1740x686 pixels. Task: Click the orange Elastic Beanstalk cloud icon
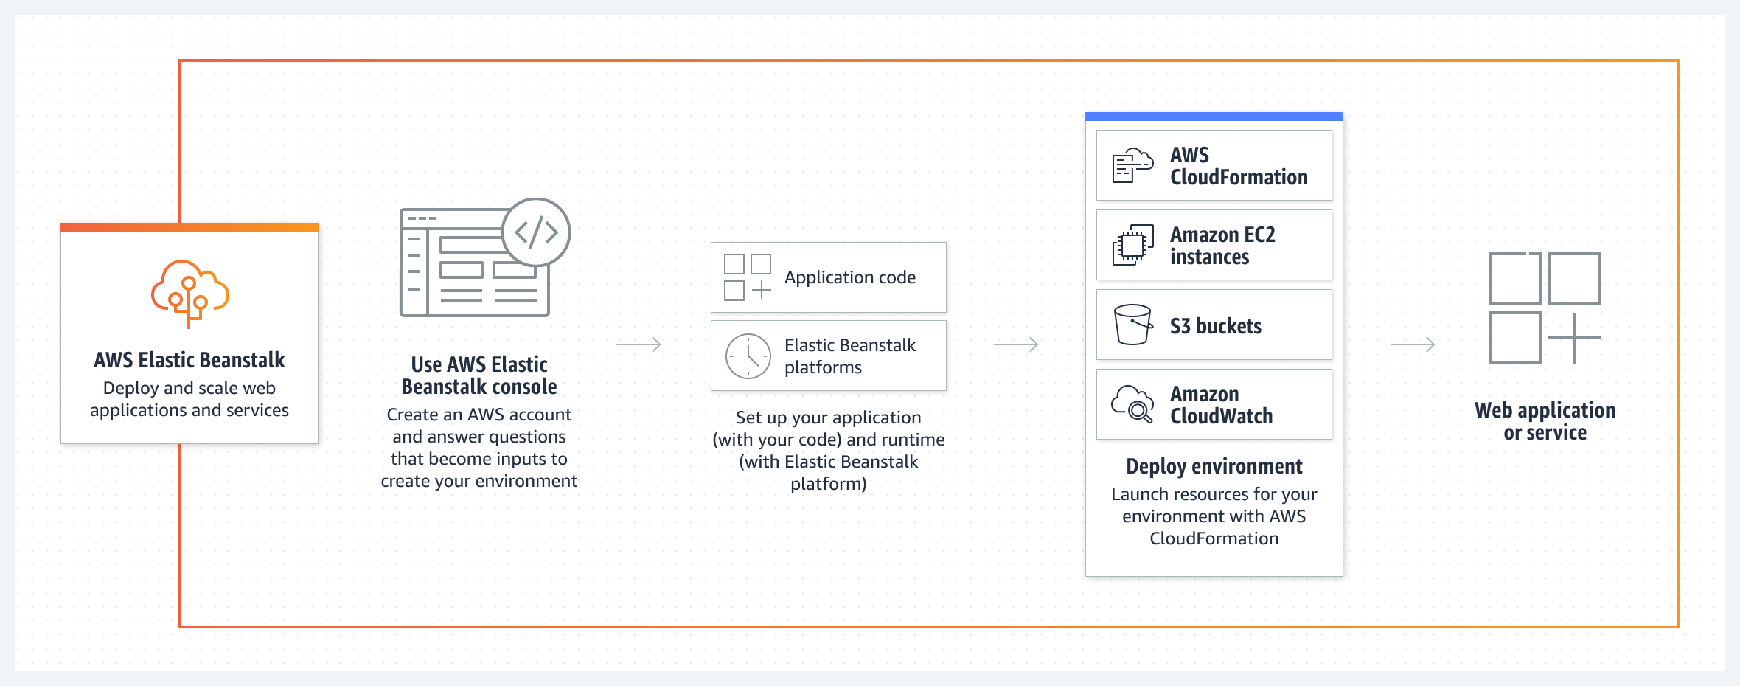click(190, 293)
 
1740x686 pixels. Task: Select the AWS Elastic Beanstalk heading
click(189, 360)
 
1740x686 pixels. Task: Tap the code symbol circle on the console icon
click(536, 232)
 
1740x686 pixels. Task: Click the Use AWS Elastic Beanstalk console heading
click(479, 375)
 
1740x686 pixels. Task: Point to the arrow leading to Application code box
click(638, 344)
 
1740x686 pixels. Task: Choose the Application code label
click(849, 277)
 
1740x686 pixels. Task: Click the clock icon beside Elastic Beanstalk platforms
click(748, 356)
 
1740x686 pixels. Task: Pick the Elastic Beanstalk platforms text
click(849, 356)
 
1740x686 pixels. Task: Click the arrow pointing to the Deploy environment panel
click(1016, 344)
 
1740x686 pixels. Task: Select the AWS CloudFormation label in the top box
click(1239, 166)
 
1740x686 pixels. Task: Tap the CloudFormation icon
click(1132, 165)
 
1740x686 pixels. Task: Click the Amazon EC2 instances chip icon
click(1132, 246)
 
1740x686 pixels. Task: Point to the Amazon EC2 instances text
click(1222, 246)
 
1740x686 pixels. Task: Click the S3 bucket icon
click(1132, 325)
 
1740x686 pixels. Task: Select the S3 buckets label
click(1216, 326)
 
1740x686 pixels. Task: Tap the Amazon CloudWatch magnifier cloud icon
click(1132, 404)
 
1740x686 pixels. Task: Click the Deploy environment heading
click(1214, 466)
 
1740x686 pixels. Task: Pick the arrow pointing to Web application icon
click(1413, 344)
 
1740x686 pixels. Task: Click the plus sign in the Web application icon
click(1574, 338)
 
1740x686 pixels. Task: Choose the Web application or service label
click(1545, 421)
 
